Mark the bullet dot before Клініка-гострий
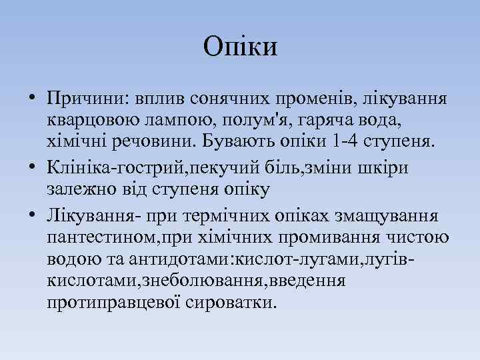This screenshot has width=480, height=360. click(x=32, y=168)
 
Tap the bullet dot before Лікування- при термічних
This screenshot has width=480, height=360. click(x=32, y=215)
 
